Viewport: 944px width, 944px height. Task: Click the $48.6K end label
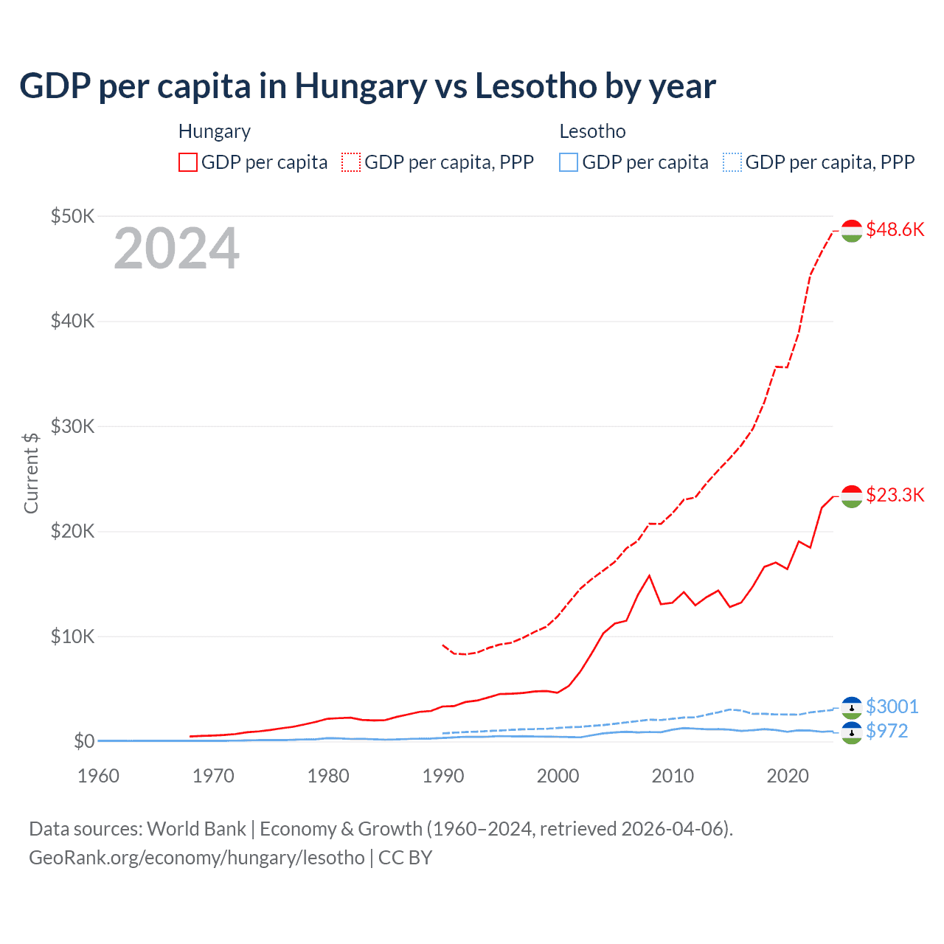tap(895, 229)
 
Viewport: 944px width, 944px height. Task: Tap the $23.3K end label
tap(895, 495)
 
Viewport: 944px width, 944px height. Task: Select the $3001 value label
tap(892, 707)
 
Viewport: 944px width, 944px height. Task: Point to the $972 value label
tap(887, 731)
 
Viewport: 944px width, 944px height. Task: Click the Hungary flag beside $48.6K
tap(852, 230)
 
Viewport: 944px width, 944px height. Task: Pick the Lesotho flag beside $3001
tap(852, 707)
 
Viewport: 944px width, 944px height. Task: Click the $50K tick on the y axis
tap(72, 216)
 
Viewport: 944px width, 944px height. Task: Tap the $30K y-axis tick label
tap(72, 426)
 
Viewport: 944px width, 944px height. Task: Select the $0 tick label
tap(83, 741)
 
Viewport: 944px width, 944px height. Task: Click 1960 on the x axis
tap(98, 776)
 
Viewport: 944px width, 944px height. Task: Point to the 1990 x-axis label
tap(443, 776)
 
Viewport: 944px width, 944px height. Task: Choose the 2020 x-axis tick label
tap(788, 776)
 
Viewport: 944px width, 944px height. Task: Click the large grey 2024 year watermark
tap(176, 249)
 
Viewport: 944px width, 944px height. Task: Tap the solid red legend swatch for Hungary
tap(188, 162)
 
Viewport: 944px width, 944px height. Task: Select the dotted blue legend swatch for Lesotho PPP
tap(732, 162)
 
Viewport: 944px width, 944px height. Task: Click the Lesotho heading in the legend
tap(592, 131)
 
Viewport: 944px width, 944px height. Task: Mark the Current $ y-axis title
tap(31, 473)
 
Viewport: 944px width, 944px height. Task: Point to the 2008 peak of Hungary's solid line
tap(649, 575)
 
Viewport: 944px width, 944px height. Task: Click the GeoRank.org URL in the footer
tap(197, 858)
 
